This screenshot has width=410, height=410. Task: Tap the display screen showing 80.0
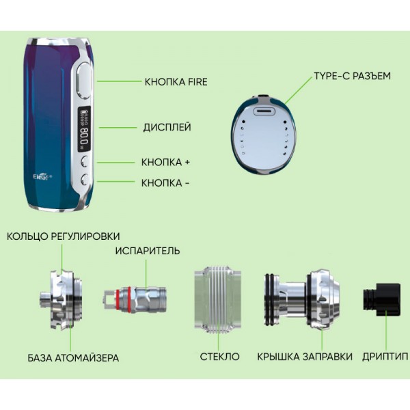(x=85, y=129)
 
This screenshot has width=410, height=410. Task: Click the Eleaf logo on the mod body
(x=42, y=177)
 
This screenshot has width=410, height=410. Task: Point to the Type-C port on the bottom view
(x=264, y=111)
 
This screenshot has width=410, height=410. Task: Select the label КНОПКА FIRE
(x=176, y=82)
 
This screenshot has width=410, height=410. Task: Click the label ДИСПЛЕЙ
(x=167, y=127)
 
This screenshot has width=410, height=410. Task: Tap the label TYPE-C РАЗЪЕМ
(x=352, y=76)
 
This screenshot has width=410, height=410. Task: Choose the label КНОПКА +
(x=165, y=162)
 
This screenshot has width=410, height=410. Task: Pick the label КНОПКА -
(x=165, y=183)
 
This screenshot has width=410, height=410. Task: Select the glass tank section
(x=217, y=300)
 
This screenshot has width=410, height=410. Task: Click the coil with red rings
(x=135, y=300)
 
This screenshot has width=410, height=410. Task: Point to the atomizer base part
(x=61, y=300)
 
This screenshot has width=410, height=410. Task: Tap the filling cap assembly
(x=302, y=300)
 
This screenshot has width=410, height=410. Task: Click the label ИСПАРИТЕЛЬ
(x=148, y=251)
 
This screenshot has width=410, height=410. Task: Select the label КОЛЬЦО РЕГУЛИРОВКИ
(x=64, y=236)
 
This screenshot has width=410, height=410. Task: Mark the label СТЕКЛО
(x=219, y=357)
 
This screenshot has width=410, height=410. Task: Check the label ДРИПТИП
(x=385, y=357)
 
